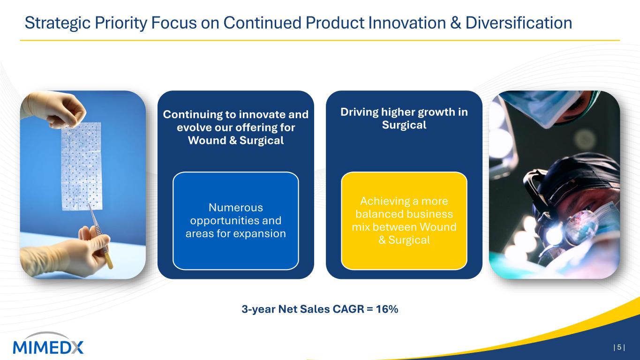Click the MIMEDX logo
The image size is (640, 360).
coord(48,344)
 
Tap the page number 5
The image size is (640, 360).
coord(619,347)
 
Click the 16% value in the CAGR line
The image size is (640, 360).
coord(387,309)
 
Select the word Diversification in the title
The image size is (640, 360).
coord(519,23)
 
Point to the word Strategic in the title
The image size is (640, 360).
coord(57,23)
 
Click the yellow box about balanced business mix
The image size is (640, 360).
coord(404,221)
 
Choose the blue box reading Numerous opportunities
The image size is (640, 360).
coord(236,221)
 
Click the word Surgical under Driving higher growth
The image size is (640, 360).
coord(404,125)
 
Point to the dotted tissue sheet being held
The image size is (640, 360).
coord(81,166)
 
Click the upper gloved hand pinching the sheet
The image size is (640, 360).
coord(54,109)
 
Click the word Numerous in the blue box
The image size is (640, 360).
coord(236,208)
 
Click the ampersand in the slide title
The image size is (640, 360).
coord(456,23)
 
